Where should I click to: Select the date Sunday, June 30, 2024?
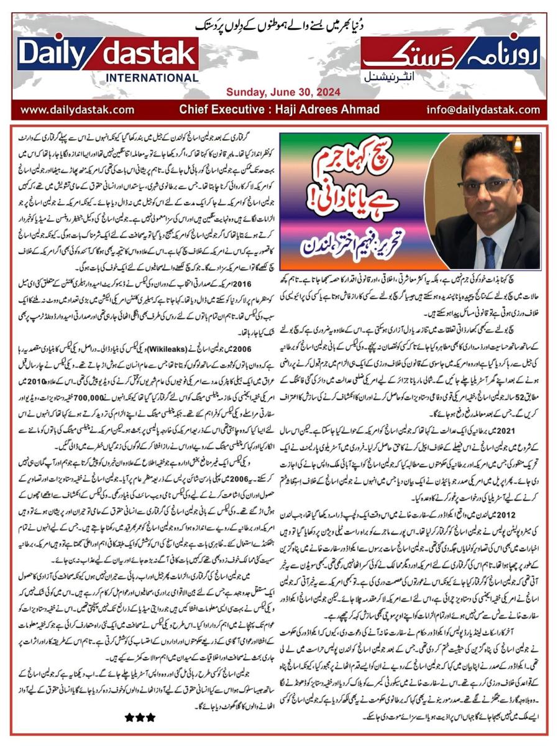pyautogui.click(x=282, y=92)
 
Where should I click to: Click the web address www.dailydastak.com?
pyautogui.click(x=77, y=109)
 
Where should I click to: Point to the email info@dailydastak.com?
pyautogui.click(x=483, y=109)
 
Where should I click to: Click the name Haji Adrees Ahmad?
pyautogui.click(x=336, y=109)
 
